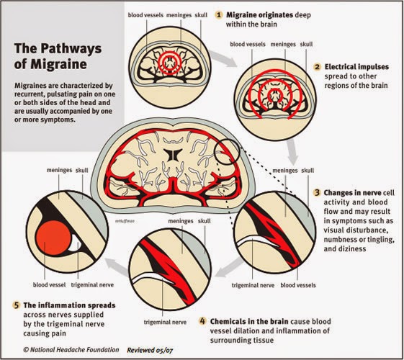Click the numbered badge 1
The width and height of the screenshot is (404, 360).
[218, 15]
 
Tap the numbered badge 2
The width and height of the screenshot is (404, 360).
[317, 67]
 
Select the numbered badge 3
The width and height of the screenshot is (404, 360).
[317, 193]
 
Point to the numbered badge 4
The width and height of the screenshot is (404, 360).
[203, 321]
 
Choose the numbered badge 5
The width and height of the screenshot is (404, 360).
[17, 305]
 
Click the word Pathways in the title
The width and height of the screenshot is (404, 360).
[71, 49]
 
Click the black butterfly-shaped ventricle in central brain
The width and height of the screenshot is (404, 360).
[173, 155]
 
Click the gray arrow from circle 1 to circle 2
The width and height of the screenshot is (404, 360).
[223, 58]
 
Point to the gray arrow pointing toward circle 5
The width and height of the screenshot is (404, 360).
[117, 266]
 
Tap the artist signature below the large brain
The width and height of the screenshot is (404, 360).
[125, 221]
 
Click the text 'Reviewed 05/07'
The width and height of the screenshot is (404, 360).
[150, 350]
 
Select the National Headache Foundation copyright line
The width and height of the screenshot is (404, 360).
[71, 350]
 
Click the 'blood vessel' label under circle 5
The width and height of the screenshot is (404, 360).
[49, 285]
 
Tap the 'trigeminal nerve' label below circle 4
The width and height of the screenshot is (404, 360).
[165, 322]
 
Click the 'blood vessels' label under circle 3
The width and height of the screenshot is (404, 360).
[298, 285]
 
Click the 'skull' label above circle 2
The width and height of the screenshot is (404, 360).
[306, 45]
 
